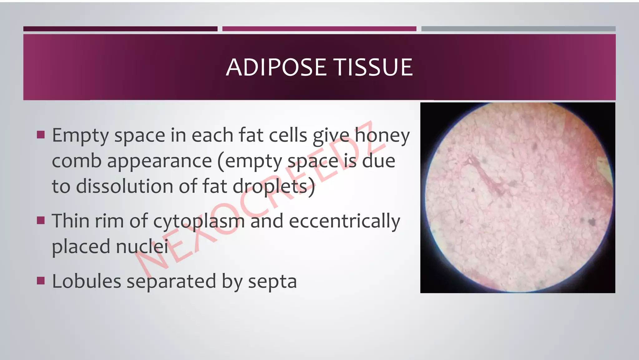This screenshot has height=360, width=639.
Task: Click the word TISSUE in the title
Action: [373, 67]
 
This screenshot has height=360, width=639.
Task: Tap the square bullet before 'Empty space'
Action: [41, 135]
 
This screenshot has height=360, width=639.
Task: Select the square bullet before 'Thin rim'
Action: [41, 220]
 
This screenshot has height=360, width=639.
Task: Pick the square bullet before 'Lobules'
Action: [41, 280]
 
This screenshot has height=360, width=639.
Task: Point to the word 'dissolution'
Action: [124, 186]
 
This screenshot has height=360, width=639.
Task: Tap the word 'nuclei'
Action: [142, 246]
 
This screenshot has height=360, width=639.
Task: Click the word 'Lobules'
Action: [86, 281]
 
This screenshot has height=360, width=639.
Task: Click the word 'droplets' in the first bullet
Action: [270, 187]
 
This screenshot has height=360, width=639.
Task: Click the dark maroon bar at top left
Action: [120, 29]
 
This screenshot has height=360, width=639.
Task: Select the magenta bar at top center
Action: [319, 29]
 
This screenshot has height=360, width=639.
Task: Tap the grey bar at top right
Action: [518, 29]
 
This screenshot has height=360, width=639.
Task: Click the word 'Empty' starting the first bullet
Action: [80, 136]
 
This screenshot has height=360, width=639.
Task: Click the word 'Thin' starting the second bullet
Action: [70, 221]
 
